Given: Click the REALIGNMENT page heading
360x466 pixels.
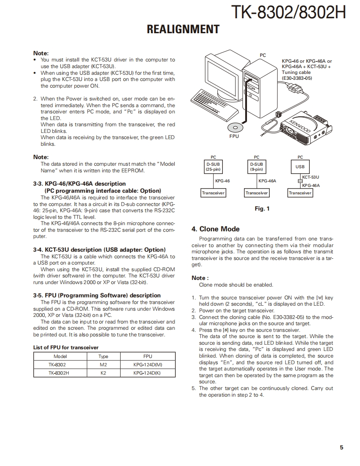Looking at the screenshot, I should coord(183,29).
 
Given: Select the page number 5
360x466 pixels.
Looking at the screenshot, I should coord(341,447).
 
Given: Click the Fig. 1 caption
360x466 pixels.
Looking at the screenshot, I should coord(262,208).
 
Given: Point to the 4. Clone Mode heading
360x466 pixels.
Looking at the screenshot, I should coord(215,229).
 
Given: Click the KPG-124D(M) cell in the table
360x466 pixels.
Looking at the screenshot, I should coord(148,365).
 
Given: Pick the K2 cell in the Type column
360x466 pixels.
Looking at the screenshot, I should coord(103,373).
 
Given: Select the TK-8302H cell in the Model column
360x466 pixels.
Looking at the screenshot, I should coord(60,373).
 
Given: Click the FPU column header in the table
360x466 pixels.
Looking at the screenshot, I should coord(148,356).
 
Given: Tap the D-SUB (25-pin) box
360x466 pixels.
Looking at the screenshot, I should coord(213,167).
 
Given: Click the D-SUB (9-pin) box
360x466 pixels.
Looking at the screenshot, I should coord(256,167).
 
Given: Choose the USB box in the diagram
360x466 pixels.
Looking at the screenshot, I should coord(300,167).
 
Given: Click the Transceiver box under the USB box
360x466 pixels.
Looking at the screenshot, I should coord(300,193).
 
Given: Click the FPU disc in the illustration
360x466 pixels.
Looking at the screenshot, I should coord(235,128).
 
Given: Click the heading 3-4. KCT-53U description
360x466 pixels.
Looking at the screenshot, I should coord(99,250).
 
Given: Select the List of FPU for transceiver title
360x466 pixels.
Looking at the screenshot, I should coord(66,347).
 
